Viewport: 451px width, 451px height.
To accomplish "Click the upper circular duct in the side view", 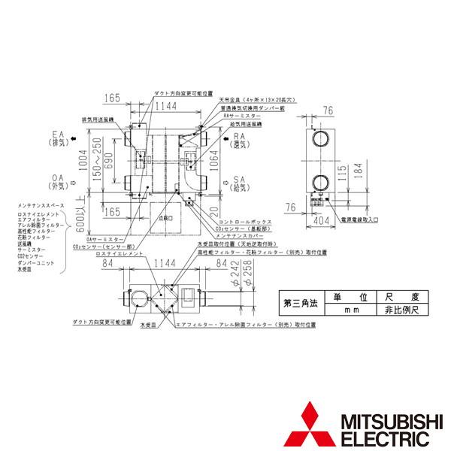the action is click(x=319, y=139).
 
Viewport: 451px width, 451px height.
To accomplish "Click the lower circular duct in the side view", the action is click(x=319, y=183).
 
